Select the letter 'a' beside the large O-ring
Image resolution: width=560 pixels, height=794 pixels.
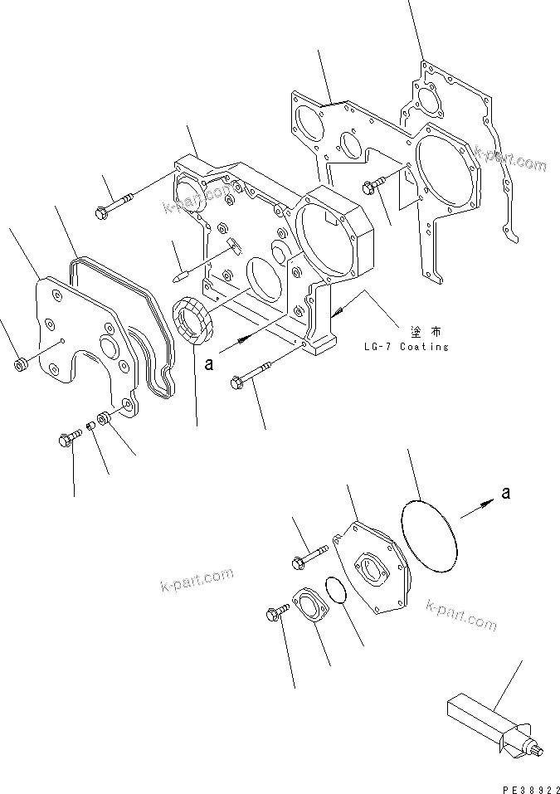point(505,493)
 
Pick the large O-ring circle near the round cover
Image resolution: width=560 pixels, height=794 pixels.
point(428,535)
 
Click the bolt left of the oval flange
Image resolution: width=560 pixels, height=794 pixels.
point(276,611)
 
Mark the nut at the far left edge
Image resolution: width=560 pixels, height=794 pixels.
point(21,363)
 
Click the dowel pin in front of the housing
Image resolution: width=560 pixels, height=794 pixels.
point(183,270)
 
